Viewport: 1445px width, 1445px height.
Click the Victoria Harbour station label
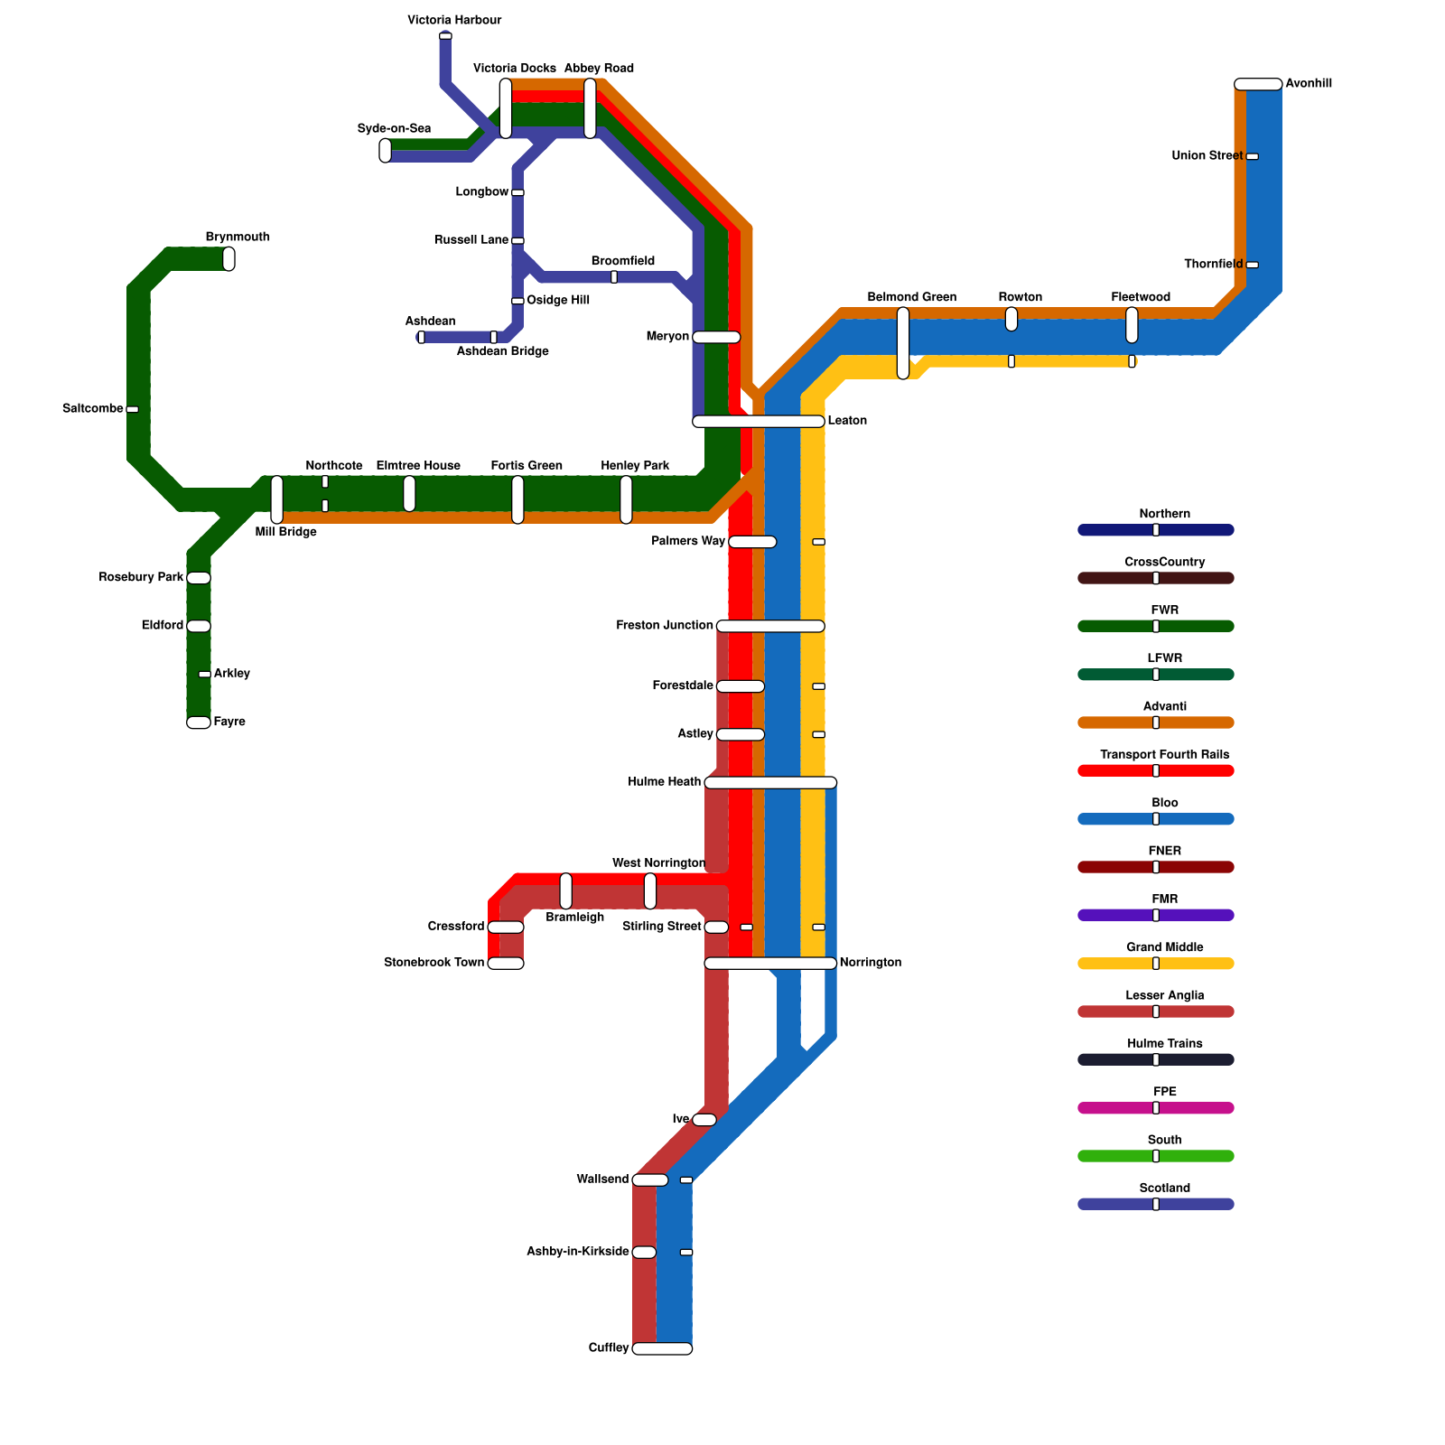coord(454,20)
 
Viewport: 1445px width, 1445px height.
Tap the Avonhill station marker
coord(1258,84)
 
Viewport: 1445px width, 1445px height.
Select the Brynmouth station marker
coord(228,258)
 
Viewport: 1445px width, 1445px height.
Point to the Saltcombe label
coord(92,409)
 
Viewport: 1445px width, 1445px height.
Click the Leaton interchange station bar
coord(759,421)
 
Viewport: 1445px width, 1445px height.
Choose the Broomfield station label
coord(622,261)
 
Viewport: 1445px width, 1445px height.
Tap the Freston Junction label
coord(665,625)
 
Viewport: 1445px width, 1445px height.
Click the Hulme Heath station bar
coord(770,782)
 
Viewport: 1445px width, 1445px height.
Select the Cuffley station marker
coord(662,1348)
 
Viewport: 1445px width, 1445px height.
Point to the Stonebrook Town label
coord(433,963)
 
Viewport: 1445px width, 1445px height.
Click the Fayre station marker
coord(199,722)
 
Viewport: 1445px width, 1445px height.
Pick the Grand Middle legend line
coord(1156,964)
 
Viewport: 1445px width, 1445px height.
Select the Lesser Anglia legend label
coord(1164,995)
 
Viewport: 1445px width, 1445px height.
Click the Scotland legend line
coord(1156,1204)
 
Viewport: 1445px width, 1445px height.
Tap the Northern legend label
coord(1164,514)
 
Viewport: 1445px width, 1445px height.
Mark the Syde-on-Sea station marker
coord(386,150)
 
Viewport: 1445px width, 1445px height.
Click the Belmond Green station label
coord(911,297)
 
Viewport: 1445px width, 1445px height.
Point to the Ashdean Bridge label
coord(502,351)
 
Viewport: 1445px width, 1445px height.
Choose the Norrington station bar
coord(770,963)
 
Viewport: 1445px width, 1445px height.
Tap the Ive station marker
coord(704,1120)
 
